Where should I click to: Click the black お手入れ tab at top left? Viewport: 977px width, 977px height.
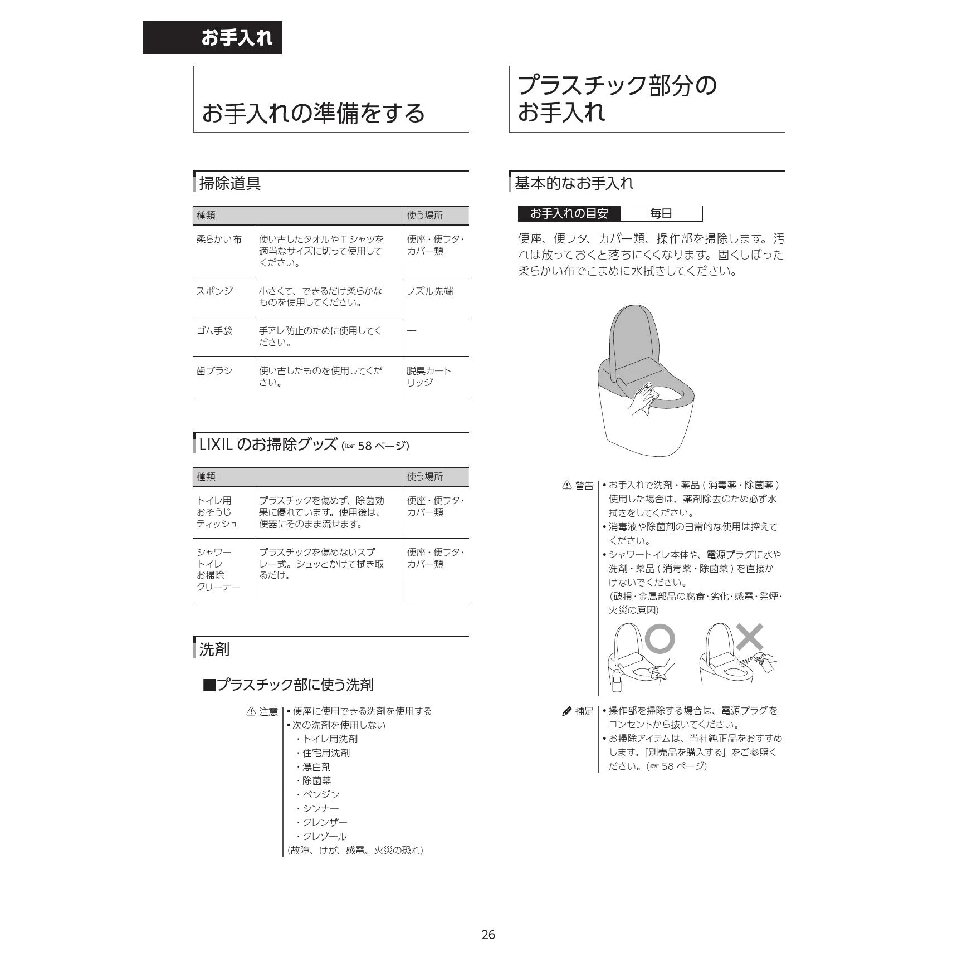pyautogui.click(x=213, y=38)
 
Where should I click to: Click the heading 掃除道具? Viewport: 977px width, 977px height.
pyautogui.click(x=230, y=183)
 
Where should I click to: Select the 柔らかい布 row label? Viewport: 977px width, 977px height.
pyautogui.click(x=219, y=240)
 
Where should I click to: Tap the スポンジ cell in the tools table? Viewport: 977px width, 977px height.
pyautogui.click(x=214, y=291)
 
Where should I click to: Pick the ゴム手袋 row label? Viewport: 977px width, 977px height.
pyautogui.click(x=214, y=331)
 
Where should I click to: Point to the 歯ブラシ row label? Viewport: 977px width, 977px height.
pyautogui.click(x=214, y=371)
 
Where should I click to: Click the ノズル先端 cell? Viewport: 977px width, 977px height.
pyautogui.click(x=430, y=291)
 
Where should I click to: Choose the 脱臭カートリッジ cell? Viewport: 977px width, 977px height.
pyautogui.click(x=428, y=377)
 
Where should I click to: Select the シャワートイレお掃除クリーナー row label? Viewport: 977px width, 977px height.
pyautogui.click(x=218, y=569)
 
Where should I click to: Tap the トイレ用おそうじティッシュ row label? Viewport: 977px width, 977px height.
pyautogui.click(x=217, y=512)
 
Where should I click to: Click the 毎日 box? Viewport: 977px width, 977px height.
pyautogui.click(x=661, y=213)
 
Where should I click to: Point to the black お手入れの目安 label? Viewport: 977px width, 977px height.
pyautogui.click(x=569, y=213)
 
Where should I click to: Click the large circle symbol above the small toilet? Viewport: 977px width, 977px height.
pyautogui.click(x=661, y=638)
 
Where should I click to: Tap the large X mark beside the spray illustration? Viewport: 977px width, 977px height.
pyautogui.click(x=750, y=637)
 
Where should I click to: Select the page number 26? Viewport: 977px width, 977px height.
pyautogui.click(x=488, y=935)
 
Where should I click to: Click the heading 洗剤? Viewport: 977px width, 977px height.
pyautogui.click(x=214, y=649)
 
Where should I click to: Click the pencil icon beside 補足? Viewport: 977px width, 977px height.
pyautogui.click(x=566, y=711)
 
